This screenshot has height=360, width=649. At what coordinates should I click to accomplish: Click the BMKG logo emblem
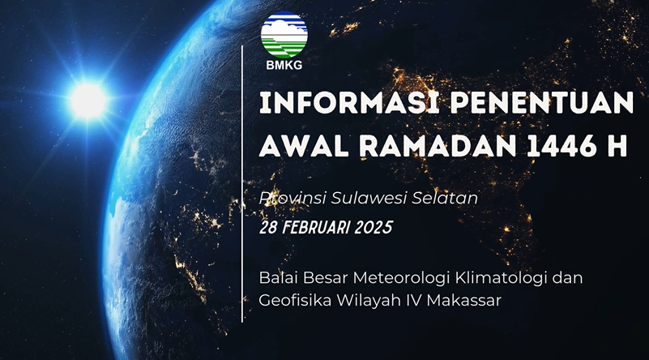[284, 35]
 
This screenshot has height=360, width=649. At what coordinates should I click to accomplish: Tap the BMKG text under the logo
[284, 65]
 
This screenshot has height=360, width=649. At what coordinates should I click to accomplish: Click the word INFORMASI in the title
[349, 103]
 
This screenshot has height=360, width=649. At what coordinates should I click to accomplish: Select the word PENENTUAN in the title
[542, 103]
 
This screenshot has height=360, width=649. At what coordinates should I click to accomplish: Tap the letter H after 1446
[617, 145]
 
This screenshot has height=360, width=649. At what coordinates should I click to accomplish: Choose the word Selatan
[445, 198]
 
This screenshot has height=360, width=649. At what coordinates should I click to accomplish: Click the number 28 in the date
[268, 228]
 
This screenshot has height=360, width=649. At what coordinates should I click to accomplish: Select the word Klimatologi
[502, 278]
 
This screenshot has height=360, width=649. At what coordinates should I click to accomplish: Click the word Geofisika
[295, 300]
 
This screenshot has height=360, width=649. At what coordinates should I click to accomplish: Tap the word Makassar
[464, 300]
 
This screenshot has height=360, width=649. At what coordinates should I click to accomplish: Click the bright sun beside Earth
[88, 101]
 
